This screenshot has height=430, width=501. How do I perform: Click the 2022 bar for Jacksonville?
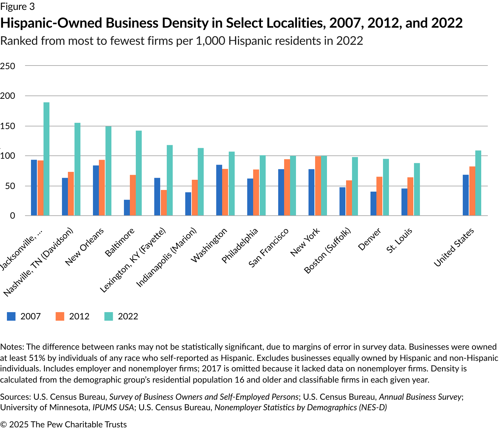click(46, 159)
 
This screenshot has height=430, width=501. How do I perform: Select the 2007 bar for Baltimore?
click(127, 208)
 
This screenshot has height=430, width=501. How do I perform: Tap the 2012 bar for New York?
click(318, 186)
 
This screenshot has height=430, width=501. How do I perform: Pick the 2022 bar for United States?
click(478, 183)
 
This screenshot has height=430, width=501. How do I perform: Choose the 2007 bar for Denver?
click(373, 203)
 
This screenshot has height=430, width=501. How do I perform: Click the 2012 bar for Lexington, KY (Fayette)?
click(164, 203)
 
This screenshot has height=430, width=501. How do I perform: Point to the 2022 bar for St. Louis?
click(417, 189)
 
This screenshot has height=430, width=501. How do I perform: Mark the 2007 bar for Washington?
click(219, 190)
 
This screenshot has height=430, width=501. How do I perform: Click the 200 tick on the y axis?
click(8, 96)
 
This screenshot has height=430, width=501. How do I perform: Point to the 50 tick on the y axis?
click(8, 186)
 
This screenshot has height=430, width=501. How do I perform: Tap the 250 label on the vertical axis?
click(8, 66)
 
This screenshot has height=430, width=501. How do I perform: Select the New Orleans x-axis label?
click(85, 247)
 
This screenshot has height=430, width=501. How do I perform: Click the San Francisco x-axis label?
click(269, 247)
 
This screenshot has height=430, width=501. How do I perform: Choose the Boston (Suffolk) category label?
click(327, 251)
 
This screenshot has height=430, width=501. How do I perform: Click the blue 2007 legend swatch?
click(11, 316)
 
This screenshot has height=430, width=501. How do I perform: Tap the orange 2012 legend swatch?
click(60, 316)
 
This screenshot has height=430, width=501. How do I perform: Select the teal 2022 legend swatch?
click(109, 316)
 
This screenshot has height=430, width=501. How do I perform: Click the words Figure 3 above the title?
click(17, 7)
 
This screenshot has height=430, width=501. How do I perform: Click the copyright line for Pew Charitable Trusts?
click(63, 424)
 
